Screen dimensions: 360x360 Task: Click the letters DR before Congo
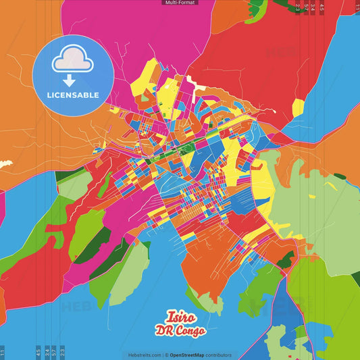(x=163, y=332)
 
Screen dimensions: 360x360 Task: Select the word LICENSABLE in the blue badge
(x=73, y=95)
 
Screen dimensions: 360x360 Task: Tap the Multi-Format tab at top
(x=180, y=3)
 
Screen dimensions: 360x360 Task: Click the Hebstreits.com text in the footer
(x=143, y=355)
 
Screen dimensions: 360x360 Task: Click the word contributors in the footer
(x=218, y=355)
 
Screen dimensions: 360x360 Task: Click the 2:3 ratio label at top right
(x=297, y=7)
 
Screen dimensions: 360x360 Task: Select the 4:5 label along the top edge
(x=322, y=7)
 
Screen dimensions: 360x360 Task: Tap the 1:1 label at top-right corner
(x=357, y=7)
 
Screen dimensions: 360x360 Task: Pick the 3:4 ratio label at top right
(x=313, y=7)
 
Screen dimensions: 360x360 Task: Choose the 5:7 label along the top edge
(x=305, y=7)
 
